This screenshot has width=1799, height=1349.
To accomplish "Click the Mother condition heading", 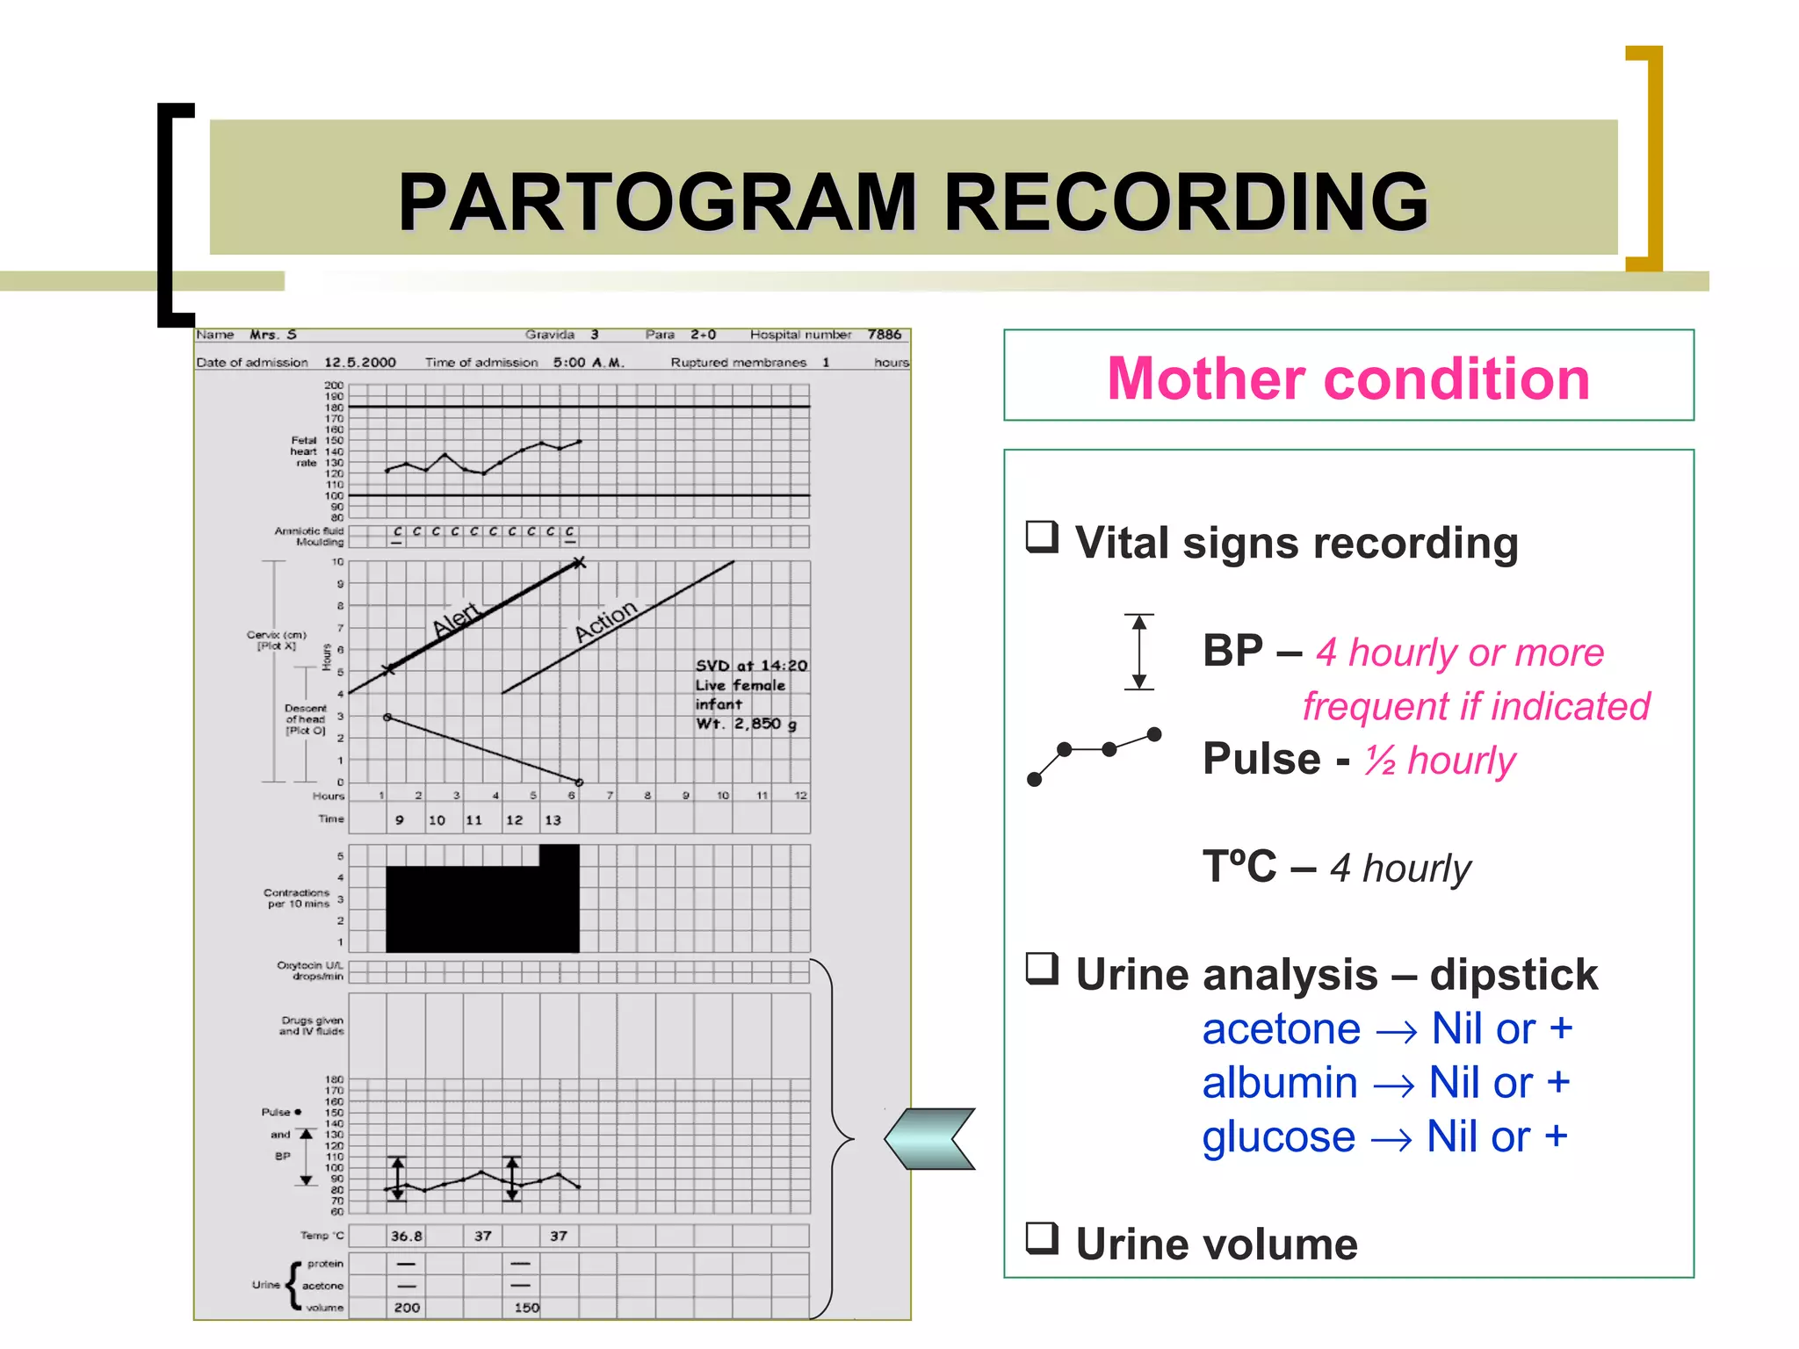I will tap(1347, 379).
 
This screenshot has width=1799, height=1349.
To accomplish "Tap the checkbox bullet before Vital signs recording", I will tap(1043, 537).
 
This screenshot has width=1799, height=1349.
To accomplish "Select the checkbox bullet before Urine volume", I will tap(1043, 1238).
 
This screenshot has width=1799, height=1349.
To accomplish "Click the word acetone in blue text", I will tap(1281, 1028).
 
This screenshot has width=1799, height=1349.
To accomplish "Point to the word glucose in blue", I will tap(1278, 1136).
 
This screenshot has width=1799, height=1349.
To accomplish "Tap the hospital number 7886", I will tap(884, 335).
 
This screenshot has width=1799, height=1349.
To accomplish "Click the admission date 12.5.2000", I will tap(360, 362).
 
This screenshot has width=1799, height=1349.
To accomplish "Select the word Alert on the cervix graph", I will tap(456, 619).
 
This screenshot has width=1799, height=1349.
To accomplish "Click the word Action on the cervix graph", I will tap(605, 621).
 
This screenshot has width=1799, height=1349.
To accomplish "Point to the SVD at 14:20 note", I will tap(751, 666).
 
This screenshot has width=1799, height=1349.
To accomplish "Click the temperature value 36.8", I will tap(406, 1236).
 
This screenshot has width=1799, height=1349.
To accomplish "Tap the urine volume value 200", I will tap(407, 1308).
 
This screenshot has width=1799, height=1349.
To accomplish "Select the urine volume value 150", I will tap(526, 1308).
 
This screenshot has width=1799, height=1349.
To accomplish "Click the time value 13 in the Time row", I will tap(553, 820).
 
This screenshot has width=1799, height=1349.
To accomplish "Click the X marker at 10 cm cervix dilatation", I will tap(579, 563).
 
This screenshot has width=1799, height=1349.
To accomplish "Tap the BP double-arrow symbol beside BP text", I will tap(1139, 652).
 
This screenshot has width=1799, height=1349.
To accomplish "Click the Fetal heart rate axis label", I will tap(305, 451).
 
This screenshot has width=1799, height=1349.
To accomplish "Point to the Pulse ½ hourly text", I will tap(1358, 760).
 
